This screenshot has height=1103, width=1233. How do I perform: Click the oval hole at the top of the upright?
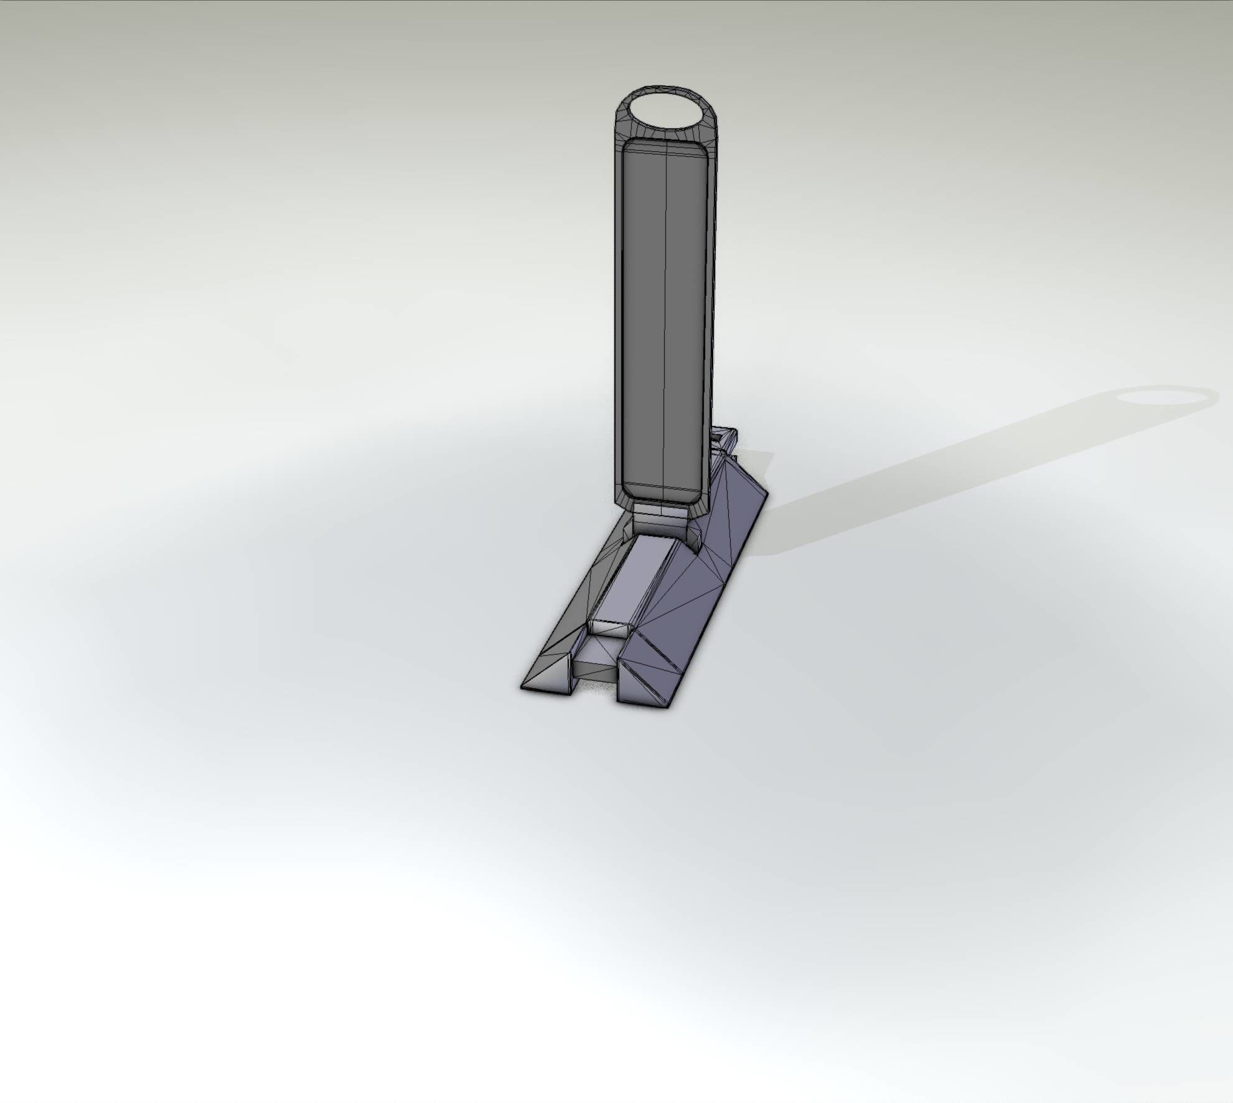[x=663, y=115]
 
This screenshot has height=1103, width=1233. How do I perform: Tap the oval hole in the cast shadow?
[x=1166, y=397]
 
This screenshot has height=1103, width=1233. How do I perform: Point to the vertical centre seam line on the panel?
[x=667, y=311]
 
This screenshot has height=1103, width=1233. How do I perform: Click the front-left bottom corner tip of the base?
[x=522, y=687]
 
